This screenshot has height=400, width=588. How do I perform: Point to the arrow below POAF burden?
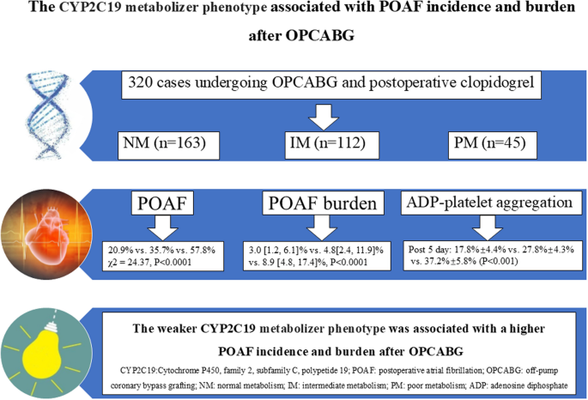point(321,227)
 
